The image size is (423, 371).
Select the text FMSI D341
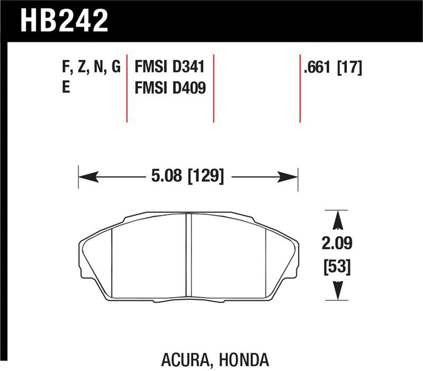coord(170,68)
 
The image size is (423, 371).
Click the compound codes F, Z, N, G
coord(91,68)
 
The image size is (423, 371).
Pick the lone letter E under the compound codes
coord(66,87)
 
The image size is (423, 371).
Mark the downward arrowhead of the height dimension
coord(337,292)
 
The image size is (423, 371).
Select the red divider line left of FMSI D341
coord(127,88)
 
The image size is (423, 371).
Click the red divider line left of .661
coord(300,88)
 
